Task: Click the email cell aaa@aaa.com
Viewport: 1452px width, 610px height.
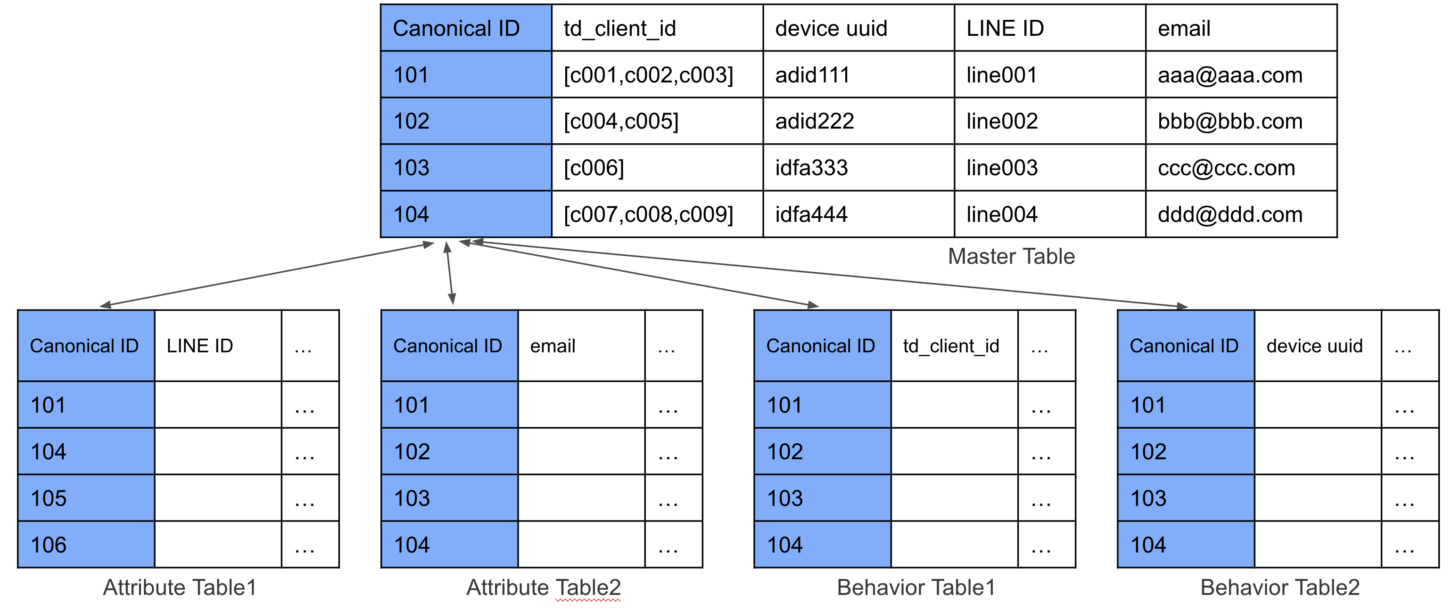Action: click(x=1230, y=75)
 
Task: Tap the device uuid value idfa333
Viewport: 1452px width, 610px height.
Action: click(x=811, y=168)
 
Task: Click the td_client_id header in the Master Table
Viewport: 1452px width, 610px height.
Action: click(x=619, y=28)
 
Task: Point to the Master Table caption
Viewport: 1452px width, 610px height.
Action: click(x=1011, y=256)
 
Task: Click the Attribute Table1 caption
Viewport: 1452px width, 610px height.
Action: click(x=179, y=587)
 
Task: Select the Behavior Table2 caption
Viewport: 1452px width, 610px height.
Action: click(x=1279, y=587)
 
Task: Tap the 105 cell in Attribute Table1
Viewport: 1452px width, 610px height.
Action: click(x=49, y=498)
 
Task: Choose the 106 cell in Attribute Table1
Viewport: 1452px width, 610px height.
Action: click(x=49, y=545)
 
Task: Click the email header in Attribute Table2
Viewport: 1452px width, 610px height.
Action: click(x=553, y=346)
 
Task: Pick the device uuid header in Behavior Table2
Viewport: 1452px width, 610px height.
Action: click(x=1314, y=346)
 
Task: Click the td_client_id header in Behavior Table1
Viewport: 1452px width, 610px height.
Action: click(x=951, y=346)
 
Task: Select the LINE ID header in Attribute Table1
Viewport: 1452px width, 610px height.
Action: click(x=199, y=346)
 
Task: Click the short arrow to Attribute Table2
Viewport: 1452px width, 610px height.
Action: click(x=449, y=274)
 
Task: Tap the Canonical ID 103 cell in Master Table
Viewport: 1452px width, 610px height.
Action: click(x=412, y=168)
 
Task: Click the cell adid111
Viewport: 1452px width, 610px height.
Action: click(x=812, y=75)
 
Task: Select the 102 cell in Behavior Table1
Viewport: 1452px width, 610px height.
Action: click(x=784, y=452)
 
